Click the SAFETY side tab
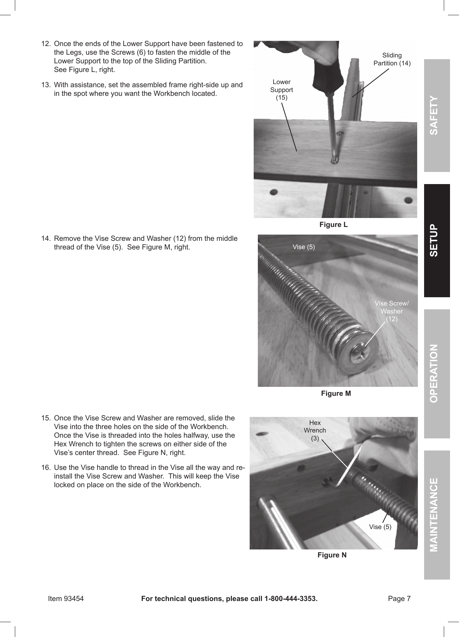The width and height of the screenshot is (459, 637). point(437,116)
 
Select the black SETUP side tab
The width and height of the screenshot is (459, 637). point(437,240)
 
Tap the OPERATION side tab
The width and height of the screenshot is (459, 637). point(437,373)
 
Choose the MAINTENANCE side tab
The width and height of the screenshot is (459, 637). point(437,515)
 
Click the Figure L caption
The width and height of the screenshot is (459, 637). point(333,225)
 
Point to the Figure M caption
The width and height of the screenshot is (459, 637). point(336,393)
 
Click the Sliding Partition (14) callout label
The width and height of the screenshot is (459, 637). point(392,59)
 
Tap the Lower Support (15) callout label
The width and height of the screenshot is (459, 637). point(281,90)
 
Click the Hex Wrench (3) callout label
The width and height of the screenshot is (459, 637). point(315,430)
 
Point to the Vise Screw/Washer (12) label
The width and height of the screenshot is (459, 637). point(391,311)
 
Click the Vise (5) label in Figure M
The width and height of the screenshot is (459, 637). point(303,247)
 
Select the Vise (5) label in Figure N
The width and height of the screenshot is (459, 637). point(380,527)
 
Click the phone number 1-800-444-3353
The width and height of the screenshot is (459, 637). point(290,599)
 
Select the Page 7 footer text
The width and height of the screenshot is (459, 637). point(399,599)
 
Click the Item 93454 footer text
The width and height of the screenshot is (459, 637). point(66,599)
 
